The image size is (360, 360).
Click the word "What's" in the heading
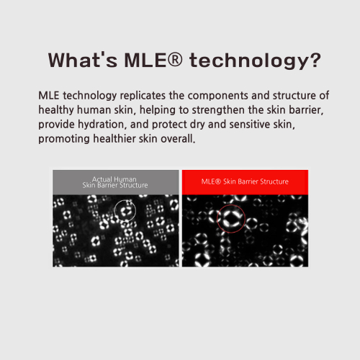click(x=83, y=60)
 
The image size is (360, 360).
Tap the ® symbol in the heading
click(x=175, y=59)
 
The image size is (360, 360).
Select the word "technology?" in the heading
click(x=255, y=61)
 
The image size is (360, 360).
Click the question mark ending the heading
click(x=315, y=60)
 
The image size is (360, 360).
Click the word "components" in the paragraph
click(x=218, y=96)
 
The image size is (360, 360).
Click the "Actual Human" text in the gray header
click(x=114, y=179)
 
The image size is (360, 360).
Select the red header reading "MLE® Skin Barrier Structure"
click(x=245, y=182)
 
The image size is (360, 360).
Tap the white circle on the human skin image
click(x=125, y=200)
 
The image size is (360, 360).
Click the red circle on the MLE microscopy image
click(x=231, y=205)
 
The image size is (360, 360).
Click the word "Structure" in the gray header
click(x=134, y=185)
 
